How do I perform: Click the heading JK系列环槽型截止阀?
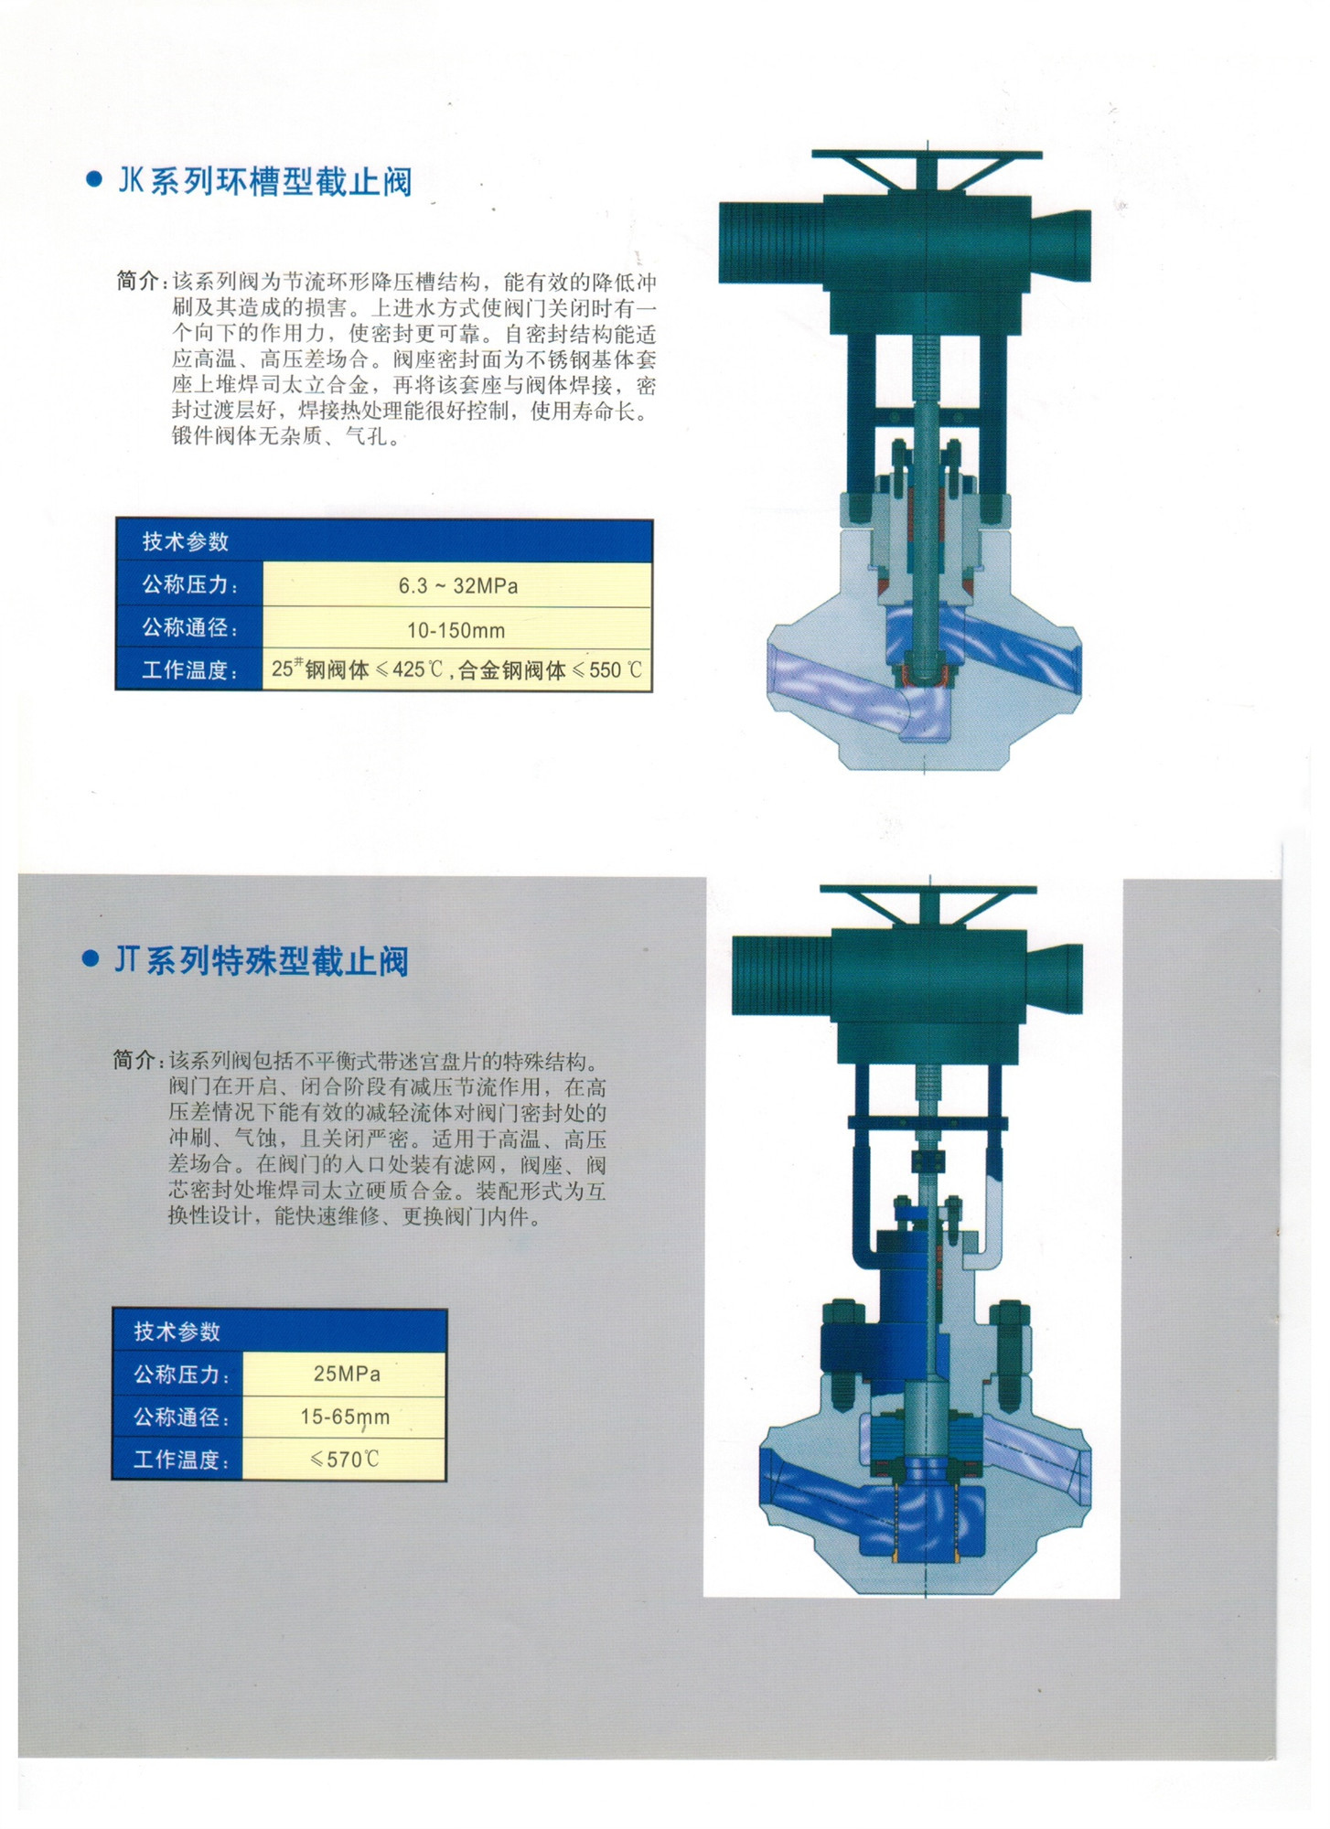[265, 181]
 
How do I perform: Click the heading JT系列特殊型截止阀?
[262, 961]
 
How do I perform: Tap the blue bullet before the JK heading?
[93, 179]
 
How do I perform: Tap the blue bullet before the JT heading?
[91, 959]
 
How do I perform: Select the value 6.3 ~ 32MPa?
[457, 585]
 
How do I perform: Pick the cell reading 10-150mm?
[456, 630]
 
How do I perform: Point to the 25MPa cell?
[347, 1374]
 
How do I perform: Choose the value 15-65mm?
[345, 1417]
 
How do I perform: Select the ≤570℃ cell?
[345, 1460]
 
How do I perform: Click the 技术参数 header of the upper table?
[186, 541]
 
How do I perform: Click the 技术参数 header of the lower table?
[177, 1332]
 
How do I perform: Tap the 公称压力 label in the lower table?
[182, 1374]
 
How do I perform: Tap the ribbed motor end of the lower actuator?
[782, 975]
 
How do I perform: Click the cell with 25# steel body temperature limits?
[456, 670]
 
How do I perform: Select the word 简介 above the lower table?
[135, 1060]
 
